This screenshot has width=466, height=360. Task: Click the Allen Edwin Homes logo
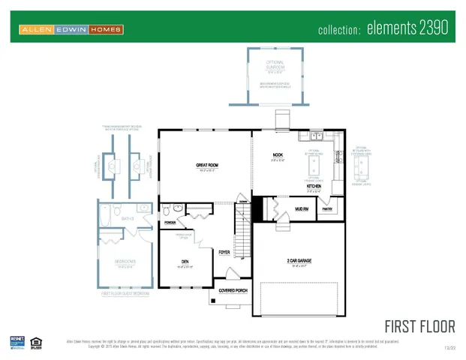point(72,29)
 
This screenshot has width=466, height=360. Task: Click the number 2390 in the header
point(430,28)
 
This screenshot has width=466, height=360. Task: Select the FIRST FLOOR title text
point(419,326)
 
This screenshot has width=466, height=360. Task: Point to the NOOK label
point(278,156)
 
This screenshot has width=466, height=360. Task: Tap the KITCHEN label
point(314,186)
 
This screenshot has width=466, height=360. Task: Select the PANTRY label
point(326,209)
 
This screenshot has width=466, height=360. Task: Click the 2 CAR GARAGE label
point(298,261)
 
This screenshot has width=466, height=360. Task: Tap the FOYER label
point(224,252)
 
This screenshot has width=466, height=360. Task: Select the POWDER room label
point(170,223)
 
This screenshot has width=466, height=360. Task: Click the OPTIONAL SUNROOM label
point(274,64)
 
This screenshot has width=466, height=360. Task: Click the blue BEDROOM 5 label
point(125,262)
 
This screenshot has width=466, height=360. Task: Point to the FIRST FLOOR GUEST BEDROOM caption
point(125,294)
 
